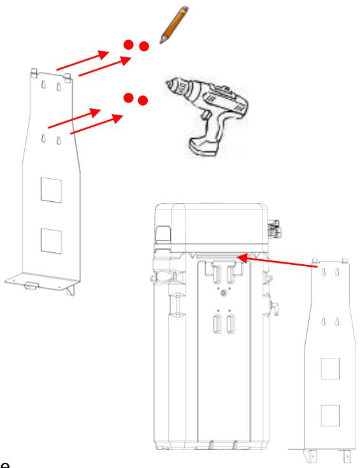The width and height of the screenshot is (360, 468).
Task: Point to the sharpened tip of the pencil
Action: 161,43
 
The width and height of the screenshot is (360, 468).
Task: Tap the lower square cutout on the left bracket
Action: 52,239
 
